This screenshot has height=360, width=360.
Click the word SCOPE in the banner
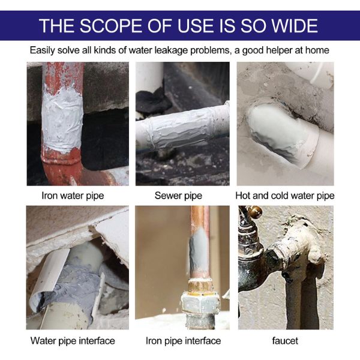[111, 25]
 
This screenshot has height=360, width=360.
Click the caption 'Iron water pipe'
[73, 196]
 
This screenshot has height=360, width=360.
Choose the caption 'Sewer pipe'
[178, 196]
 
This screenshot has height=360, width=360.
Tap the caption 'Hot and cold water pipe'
[285, 196]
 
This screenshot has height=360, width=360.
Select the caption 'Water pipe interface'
[73, 341]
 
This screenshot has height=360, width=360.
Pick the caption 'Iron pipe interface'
[183, 341]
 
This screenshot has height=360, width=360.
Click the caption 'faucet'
[285, 341]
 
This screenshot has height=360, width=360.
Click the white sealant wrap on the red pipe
[62, 117]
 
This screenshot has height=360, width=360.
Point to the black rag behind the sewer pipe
[152, 101]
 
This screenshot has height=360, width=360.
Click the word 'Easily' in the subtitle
[43, 50]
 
